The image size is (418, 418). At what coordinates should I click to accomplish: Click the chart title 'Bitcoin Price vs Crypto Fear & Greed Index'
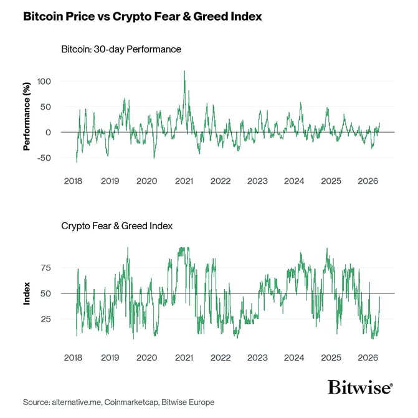(142, 17)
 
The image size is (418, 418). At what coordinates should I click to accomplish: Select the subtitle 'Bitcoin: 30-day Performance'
(121, 49)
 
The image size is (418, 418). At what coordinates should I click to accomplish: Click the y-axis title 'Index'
(27, 293)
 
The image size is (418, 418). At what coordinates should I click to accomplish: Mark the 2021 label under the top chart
(183, 181)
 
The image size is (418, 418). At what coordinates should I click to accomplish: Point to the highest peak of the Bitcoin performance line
(184, 71)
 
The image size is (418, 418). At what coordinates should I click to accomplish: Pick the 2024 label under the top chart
(294, 181)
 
